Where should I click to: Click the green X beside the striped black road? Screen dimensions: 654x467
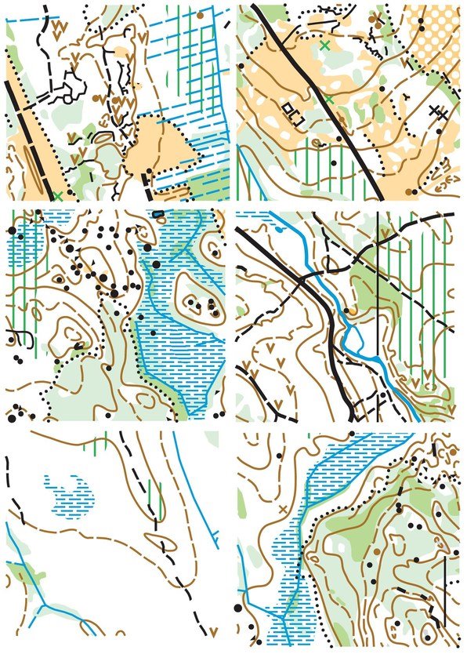59,194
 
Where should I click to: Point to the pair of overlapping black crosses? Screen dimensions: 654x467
440,113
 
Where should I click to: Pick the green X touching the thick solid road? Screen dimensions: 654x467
330,100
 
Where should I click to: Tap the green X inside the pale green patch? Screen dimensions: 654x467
325,45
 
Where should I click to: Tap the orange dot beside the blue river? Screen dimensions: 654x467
350,311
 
